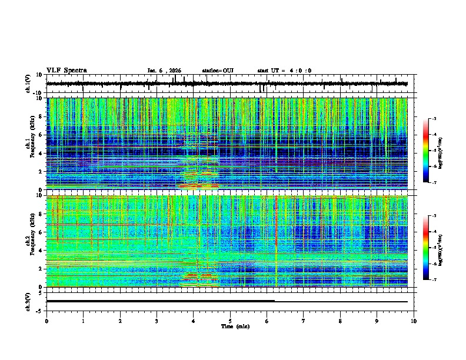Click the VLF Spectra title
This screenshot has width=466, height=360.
point(66,70)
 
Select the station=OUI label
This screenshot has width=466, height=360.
point(218,71)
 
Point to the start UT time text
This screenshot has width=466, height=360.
point(284,71)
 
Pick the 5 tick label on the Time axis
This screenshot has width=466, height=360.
point(230,321)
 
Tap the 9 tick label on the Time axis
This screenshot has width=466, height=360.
point(377,321)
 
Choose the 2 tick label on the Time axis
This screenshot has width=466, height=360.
point(120,321)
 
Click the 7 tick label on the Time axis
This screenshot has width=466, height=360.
point(304,321)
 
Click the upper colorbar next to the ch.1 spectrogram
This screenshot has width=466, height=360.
point(426,151)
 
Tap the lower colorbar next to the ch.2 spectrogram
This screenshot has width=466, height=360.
point(426,248)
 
